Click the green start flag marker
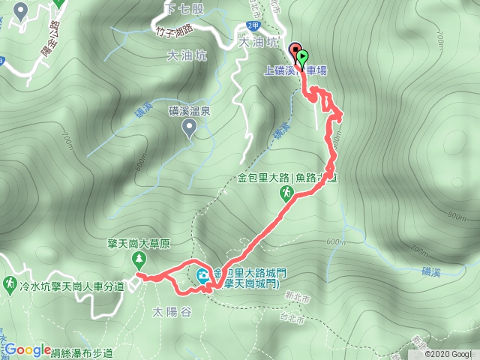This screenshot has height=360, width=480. (302, 55)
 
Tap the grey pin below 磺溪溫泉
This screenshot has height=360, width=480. (190, 129)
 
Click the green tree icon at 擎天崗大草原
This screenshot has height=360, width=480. (139, 259)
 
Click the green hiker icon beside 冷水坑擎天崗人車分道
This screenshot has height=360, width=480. (10, 285)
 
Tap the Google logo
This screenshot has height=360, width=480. (28, 349)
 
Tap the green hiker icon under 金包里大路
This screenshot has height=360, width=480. (286, 193)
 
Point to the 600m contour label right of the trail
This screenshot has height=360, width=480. (337, 241)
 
